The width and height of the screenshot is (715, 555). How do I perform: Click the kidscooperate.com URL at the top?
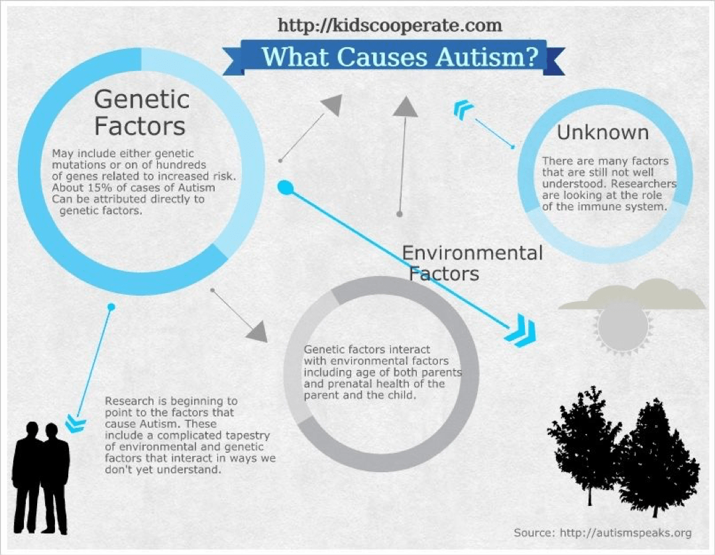[390, 26]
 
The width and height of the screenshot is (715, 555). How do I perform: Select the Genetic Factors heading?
[140, 112]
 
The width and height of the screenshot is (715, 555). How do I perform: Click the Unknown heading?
[602, 133]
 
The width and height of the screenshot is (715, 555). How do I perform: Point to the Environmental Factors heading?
[472, 263]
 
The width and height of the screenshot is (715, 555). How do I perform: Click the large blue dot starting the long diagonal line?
[285, 188]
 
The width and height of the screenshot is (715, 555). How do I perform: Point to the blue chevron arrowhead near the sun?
[518, 330]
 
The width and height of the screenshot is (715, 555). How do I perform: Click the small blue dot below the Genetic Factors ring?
[111, 307]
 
